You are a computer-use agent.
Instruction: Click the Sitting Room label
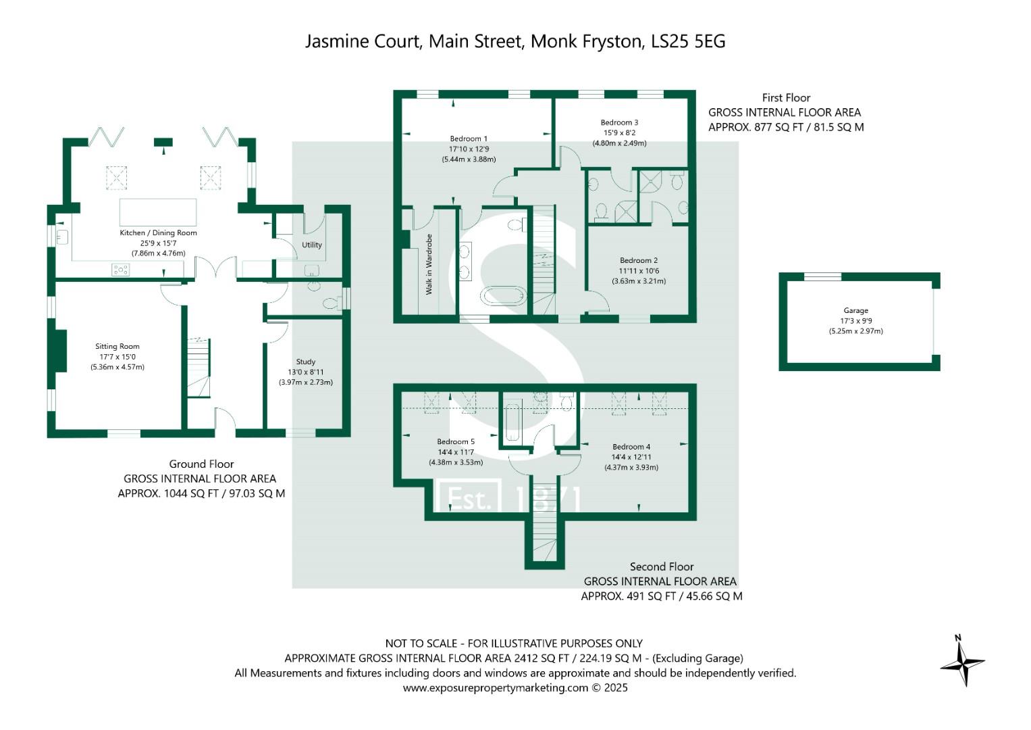click(x=117, y=346)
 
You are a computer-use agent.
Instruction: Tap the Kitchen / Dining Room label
click(x=158, y=233)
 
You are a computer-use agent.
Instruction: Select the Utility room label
click(x=311, y=245)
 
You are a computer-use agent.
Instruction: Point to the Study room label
click(x=305, y=362)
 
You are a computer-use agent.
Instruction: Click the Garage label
click(x=855, y=311)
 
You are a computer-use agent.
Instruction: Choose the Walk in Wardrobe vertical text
click(x=429, y=264)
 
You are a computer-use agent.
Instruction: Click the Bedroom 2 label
click(x=639, y=260)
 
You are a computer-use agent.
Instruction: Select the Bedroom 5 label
click(x=455, y=442)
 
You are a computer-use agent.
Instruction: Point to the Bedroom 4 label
click(x=631, y=447)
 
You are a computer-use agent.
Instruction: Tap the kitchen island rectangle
click(x=158, y=212)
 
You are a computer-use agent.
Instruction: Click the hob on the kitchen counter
click(x=120, y=270)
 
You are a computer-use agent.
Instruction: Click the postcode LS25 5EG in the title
click(x=688, y=41)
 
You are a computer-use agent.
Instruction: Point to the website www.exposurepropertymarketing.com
click(x=496, y=688)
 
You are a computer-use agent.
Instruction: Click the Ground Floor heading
click(x=201, y=464)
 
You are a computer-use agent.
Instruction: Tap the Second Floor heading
click(x=661, y=566)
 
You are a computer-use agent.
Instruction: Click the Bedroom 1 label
click(x=469, y=139)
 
